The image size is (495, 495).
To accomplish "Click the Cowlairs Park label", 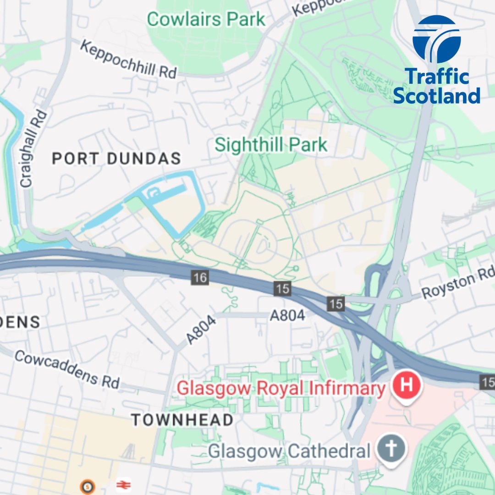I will (206, 19).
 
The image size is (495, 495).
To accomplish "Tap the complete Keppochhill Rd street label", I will (129, 59).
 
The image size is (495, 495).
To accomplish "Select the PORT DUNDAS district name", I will (116, 159).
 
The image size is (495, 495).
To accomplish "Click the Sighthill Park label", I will (271, 145).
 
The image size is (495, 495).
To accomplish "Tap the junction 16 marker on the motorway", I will (200, 277).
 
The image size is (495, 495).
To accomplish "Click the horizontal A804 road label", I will (287, 315).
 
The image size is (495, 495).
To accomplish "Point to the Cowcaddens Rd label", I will (67, 369).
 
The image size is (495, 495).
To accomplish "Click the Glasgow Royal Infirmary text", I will (281, 389).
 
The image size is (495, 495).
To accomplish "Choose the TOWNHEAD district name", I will (182, 419).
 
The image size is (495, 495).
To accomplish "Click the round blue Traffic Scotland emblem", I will (436, 39).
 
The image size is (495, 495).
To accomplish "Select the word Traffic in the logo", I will (437, 77).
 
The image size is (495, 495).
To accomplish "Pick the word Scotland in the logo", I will (436, 96).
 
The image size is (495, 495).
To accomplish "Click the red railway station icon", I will (122, 484).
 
